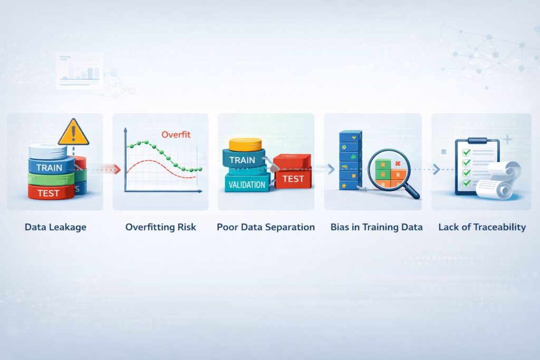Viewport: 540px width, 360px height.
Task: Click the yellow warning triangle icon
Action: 73,133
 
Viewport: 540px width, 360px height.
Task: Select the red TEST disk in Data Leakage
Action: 49,193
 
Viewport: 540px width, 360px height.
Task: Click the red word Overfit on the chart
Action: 176,134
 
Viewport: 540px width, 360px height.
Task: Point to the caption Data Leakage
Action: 55,227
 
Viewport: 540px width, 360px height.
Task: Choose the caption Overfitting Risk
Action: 160,227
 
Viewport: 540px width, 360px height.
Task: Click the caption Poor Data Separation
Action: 266,227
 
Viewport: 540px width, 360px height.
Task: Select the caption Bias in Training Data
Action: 377,227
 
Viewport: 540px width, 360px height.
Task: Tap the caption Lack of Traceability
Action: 482,227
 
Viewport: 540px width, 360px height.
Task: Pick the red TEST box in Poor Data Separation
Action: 293,179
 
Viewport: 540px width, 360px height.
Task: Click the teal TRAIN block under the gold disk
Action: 243,160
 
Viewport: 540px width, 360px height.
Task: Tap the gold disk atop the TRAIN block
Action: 245,143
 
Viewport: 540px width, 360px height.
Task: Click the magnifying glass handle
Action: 412,192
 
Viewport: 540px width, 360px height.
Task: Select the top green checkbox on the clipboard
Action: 466,152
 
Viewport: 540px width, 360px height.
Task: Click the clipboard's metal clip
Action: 477,141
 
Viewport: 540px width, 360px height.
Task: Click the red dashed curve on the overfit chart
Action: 158,163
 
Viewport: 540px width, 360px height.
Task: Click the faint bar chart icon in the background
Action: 79,71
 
